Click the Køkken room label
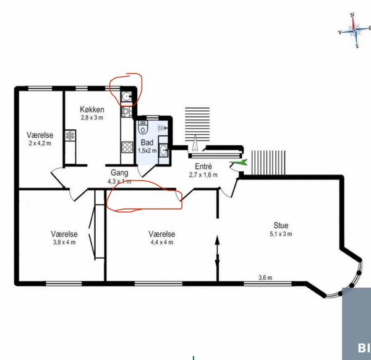92,109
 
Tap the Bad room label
147,142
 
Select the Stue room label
281,225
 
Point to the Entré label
203,166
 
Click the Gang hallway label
119,173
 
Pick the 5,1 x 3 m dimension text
281,234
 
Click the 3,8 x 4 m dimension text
64,242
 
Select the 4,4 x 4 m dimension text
162,242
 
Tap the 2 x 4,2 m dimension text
40,143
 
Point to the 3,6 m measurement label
265,277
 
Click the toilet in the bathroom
143,128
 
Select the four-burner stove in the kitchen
127,147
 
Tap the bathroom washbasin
163,150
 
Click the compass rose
354,30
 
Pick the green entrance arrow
239,162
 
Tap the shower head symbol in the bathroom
162,128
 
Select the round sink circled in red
126,96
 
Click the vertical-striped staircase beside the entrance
268,163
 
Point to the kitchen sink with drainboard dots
70,135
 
